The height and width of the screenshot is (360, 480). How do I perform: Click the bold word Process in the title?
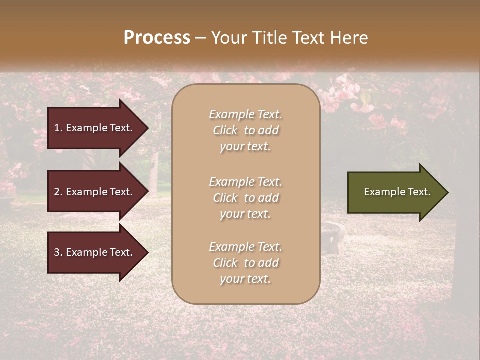[x=157, y=38]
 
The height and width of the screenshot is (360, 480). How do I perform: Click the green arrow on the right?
[x=395, y=192]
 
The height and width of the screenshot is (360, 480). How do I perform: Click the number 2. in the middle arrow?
[x=58, y=192]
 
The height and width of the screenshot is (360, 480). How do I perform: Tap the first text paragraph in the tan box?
[x=245, y=130]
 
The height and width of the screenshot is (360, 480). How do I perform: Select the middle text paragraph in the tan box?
[x=245, y=198]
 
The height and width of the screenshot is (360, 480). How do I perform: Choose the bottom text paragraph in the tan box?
[x=245, y=263]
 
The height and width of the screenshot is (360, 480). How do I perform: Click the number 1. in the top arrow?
[x=58, y=128]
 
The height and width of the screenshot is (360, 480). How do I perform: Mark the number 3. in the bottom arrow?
[x=58, y=252]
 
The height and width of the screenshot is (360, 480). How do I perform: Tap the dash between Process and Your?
[x=200, y=38]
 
